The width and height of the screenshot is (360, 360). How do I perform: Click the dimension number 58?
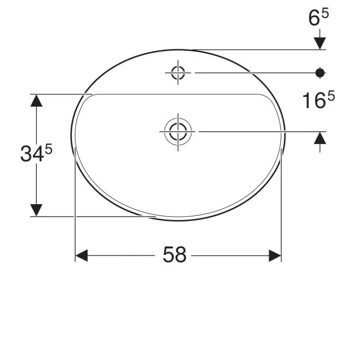click(175, 255)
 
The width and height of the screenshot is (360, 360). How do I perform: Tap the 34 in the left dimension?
click(32, 154)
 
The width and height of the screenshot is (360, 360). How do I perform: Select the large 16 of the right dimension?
click(314, 100)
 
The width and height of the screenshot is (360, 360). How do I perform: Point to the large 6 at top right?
click(314, 18)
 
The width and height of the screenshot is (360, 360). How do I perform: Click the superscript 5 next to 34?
click(49, 150)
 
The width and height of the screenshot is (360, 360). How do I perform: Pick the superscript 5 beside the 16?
click(331, 95)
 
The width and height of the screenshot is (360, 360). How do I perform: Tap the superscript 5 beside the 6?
click(325, 13)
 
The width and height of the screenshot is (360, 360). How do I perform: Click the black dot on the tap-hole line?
click(320, 73)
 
